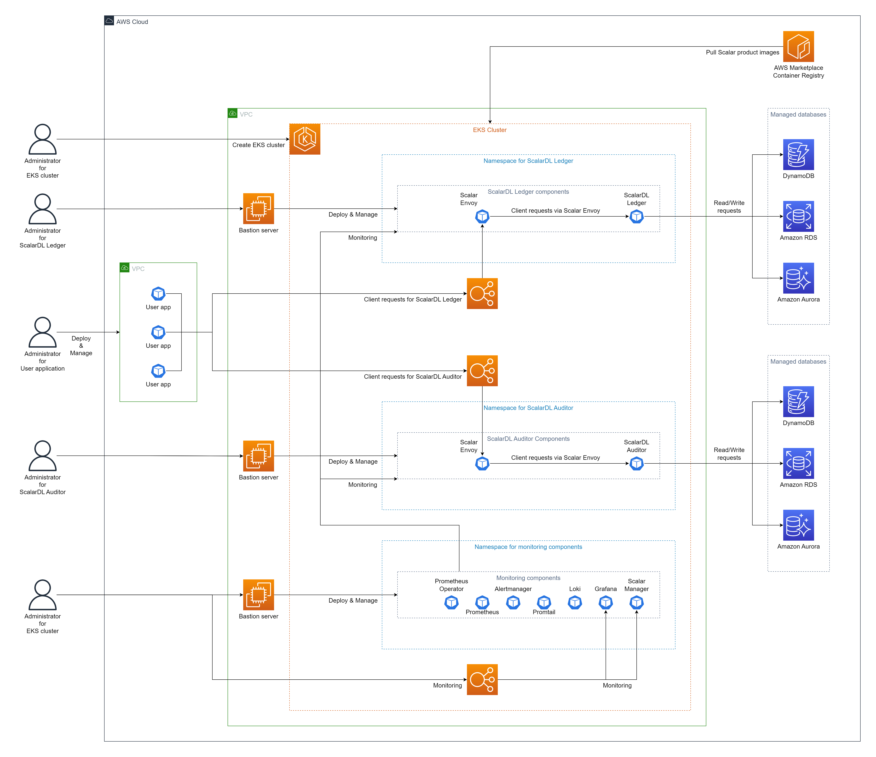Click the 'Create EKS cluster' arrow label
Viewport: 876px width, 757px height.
click(x=258, y=145)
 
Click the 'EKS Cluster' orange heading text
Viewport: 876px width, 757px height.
click(x=489, y=130)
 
